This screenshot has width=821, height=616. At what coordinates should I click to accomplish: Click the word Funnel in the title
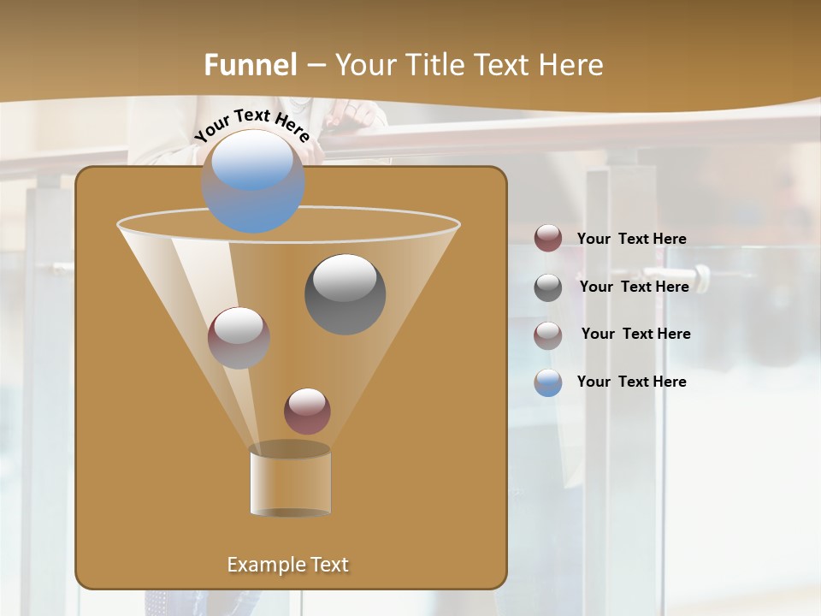tap(251, 65)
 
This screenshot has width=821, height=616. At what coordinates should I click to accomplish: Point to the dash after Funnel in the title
tap(315, 66)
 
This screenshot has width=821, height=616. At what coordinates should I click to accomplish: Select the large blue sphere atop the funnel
tap(253, 181)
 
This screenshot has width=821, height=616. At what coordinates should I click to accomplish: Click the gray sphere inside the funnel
tap(346, 293)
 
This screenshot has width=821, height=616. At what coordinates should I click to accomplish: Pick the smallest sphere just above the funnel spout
tap(307, 411)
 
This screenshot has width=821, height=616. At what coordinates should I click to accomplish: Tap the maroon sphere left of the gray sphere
tap(239, 337)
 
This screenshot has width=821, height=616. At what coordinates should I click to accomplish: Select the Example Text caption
tap(288, 565)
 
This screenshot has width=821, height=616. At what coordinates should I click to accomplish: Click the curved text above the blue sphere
tap(251, 124)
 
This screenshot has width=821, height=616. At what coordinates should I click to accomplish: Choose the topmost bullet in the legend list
tap(548, 238)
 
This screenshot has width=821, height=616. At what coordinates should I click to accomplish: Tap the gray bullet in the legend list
tap(548, 287)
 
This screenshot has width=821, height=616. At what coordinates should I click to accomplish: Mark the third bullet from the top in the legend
tap(548, 335)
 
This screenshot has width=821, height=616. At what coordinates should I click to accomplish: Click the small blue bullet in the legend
tap(548, 382)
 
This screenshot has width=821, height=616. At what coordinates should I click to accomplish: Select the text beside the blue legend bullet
tap(631, 382)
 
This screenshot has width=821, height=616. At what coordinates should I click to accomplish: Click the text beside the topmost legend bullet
tap(631, 239)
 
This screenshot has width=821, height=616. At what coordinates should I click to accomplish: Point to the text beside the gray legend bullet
tap(634, 287)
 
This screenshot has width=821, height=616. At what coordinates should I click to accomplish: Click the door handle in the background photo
tap(700, 279)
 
